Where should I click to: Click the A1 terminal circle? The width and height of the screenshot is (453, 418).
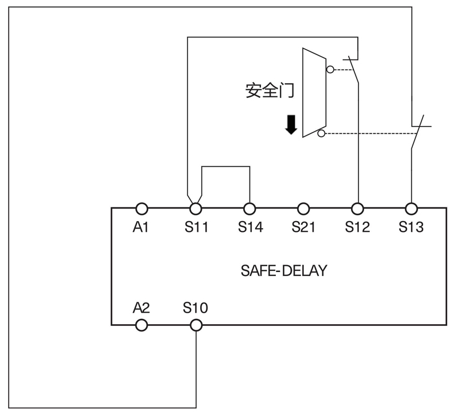[142, 208]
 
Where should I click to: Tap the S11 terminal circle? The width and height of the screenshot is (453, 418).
[196, 208]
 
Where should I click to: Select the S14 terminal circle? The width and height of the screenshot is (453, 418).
[250, 208]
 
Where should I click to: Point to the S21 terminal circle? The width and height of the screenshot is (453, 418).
[303, 208]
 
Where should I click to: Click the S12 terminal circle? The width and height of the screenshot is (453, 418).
[357, 208]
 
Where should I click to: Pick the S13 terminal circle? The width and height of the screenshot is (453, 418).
[411, 208]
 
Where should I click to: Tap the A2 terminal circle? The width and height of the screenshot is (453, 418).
[142, 325]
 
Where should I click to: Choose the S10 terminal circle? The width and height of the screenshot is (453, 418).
[196, 325]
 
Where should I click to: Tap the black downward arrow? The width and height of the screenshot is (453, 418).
[291, 124]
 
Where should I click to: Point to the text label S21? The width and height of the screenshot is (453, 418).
[303, 227]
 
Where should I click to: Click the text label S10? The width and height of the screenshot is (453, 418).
[196, 308]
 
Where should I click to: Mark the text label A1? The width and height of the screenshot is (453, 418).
[141, 227]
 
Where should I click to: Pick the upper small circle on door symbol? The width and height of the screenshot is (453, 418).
[330, 70]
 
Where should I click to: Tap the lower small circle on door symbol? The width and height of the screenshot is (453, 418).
[321, 133]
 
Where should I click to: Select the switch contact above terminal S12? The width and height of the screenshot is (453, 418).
[354, 69]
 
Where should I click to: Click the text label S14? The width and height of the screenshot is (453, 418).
[250, 227]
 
